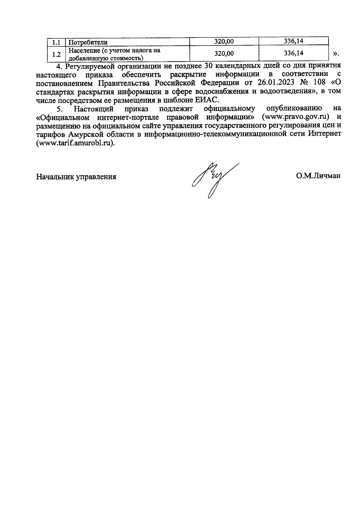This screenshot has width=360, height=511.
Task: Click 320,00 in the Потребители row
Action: [224, 42]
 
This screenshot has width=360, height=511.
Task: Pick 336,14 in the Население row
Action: [293, 53]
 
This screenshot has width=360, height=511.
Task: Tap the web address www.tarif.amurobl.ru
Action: [75, 143]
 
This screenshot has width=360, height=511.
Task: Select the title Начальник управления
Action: [76, 177]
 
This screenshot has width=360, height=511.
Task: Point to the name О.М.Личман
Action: [318, 176]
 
